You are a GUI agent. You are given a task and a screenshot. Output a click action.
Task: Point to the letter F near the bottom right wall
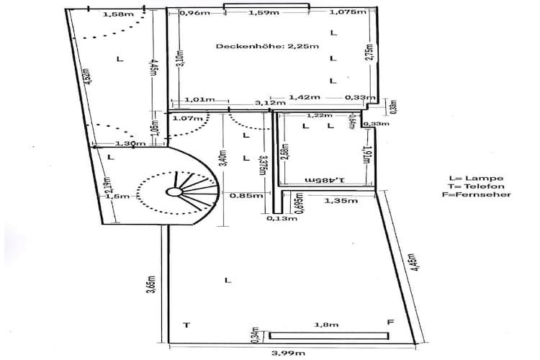pos(390,323)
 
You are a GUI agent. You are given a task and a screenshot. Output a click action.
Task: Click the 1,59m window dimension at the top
pos(266,12)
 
